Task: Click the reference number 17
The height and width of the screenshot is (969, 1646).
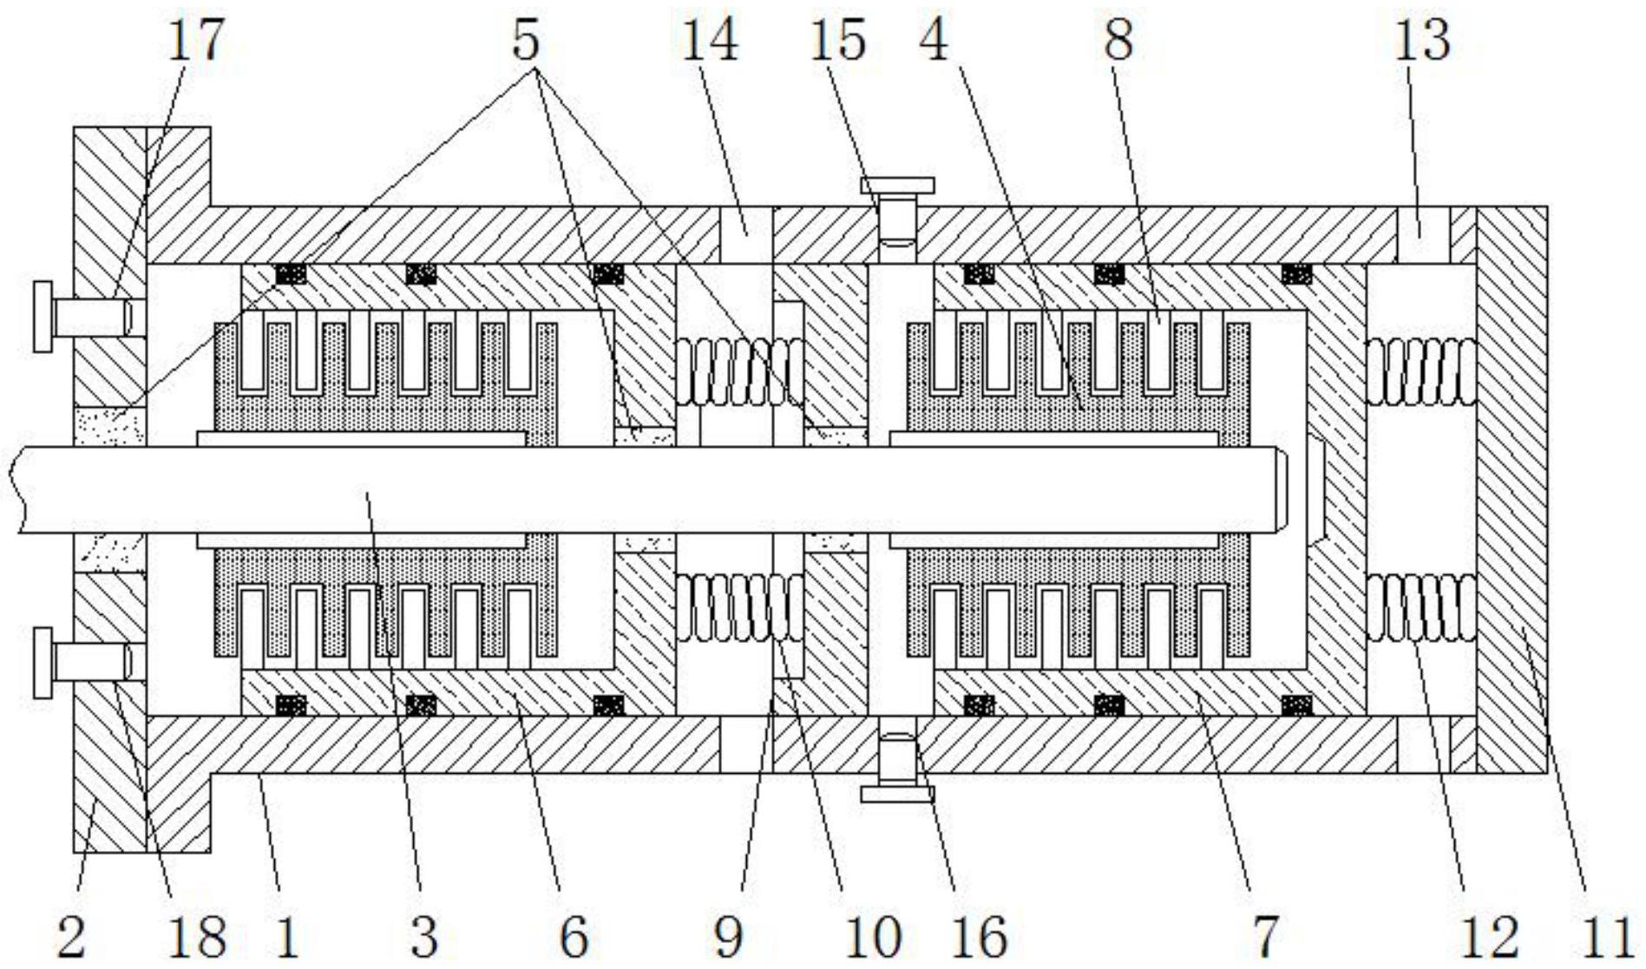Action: pyautogui.click(x=195, y=40)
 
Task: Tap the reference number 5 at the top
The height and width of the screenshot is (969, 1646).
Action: pyautogui.click(x=526, y=40)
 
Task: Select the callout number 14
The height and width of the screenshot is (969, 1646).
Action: pyautogui.click(x=709, y=40)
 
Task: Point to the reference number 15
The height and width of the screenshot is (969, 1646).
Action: pyautogui.click(x=837, y=40)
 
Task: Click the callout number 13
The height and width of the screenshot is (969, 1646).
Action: pyautogui.click(x=1421, y=40)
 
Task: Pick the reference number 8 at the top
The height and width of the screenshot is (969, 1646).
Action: pyautogui.click(x=1118, y=40)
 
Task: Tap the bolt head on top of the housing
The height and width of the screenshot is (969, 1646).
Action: pyautogui.click(x=897, y=186)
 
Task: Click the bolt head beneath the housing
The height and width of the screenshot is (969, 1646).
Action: pyautogui.click(x=897, y=793)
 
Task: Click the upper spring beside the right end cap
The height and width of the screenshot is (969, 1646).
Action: pyautogui.click(x=1421, y=371)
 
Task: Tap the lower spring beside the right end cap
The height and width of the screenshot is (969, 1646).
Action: pyautogui.click(x=1421, y=607)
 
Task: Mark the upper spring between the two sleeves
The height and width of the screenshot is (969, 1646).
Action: pyautogui.click(x=740, y=371)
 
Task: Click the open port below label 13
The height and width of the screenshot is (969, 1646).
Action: pyautogui.click(x=1423, y=235)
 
